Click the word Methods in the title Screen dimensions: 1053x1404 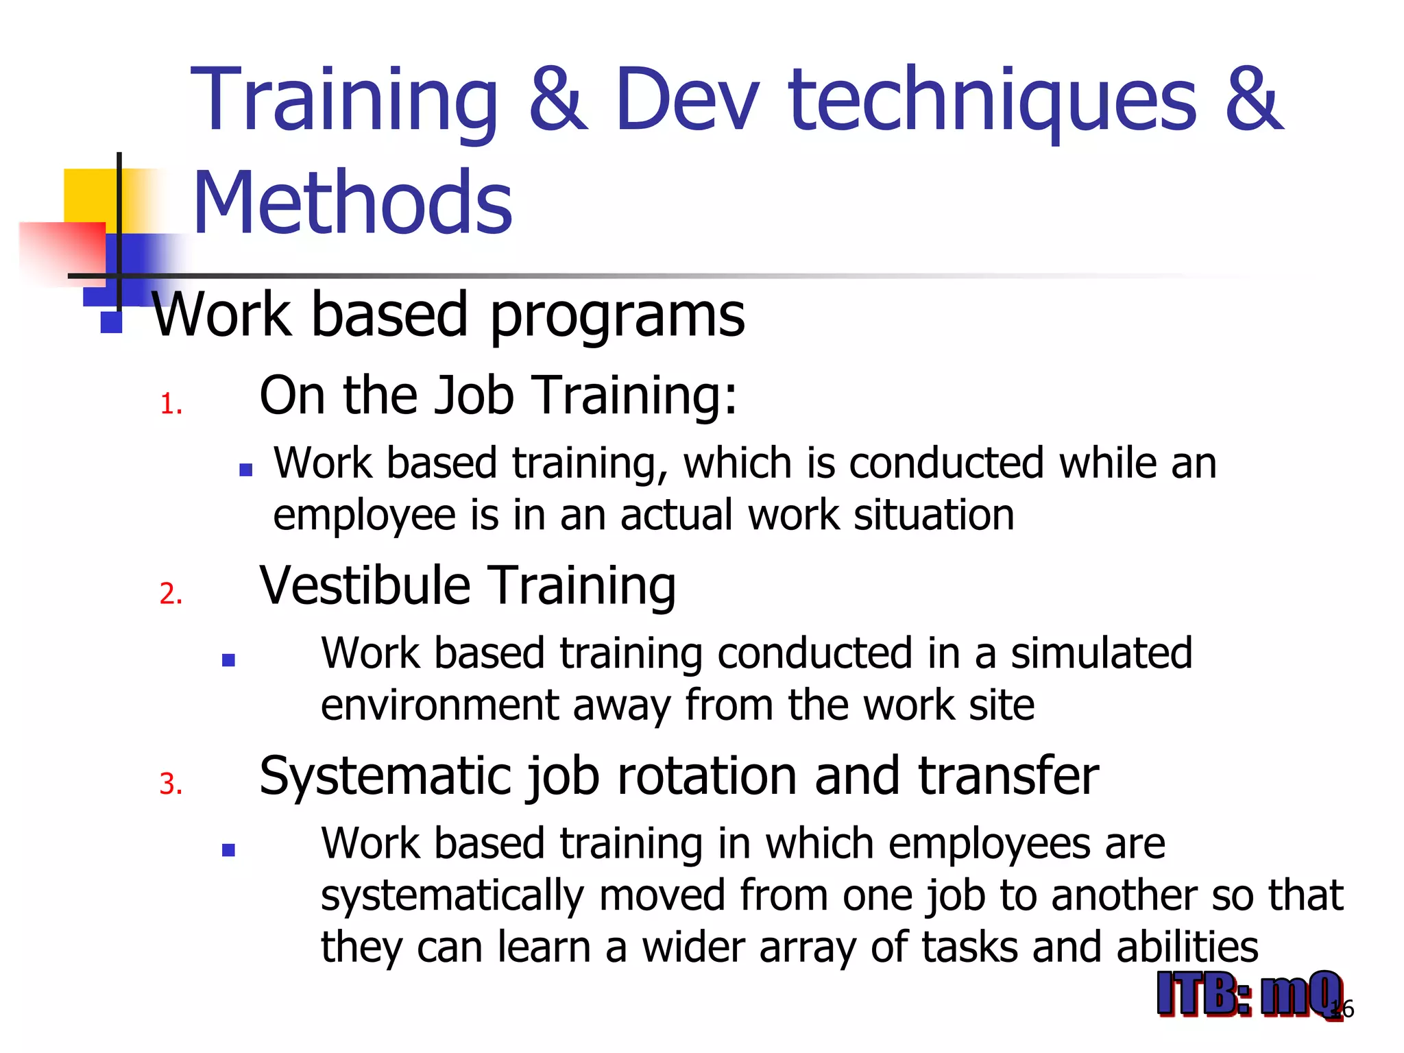(x=352, y=203)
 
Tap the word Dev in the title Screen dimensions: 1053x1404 (x=687, y=99)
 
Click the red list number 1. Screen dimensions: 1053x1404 (x=170, y=404)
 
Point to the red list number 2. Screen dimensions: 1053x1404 (x=171, y=594)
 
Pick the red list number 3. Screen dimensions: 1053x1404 (x=171, y=784)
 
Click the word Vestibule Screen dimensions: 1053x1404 (x=365, y=585)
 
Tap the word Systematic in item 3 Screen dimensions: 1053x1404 (x=384, y=777)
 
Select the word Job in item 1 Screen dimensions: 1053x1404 (x=474, y=396)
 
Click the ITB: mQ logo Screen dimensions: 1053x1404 (x=1248, y=994)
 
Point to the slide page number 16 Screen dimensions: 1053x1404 (x=1344, y=1009)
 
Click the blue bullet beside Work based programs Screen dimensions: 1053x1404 (x=111, y=323)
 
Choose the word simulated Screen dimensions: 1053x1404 (x=1101, y=653)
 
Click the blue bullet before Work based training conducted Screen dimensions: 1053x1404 (x=229, y=661)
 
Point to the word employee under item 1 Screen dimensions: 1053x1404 (x=365, y=516)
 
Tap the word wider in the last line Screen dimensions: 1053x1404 (x=692, y=947)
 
